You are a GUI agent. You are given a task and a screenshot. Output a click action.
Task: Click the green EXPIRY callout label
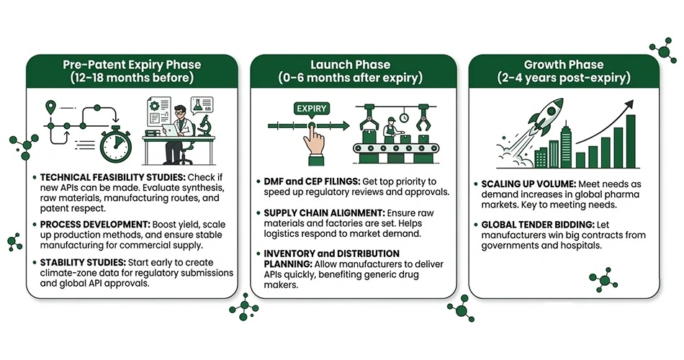pos(312,108)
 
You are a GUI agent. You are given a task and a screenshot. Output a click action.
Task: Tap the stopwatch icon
pos(116,144)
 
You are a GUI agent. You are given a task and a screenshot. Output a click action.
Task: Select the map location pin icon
pos(51,107)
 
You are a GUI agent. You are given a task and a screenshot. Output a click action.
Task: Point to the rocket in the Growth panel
pos(544,115)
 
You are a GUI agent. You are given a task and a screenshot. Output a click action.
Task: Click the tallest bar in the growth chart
pos(631,141)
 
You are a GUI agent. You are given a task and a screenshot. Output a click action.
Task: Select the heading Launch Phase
pos(351,65)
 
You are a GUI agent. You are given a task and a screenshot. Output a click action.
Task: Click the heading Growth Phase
pos(564,65)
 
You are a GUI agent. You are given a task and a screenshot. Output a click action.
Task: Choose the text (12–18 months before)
pos(132,78)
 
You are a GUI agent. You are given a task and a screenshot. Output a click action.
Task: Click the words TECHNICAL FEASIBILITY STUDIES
pos(113,178)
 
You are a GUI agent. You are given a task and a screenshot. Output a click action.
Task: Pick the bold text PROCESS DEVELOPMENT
pos(95,225)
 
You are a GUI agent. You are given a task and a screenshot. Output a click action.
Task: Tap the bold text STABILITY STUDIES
pos(83,263)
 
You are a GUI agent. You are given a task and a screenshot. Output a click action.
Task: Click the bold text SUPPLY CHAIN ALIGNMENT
pos(325,213)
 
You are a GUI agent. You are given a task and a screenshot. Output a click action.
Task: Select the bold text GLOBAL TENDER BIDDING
pos(538,225)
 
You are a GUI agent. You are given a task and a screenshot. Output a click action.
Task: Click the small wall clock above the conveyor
pos(404,117)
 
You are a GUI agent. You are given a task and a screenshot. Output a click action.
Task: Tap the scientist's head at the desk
pos(179,112)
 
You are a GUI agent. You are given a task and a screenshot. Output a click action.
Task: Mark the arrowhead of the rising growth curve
pos(629,104)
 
